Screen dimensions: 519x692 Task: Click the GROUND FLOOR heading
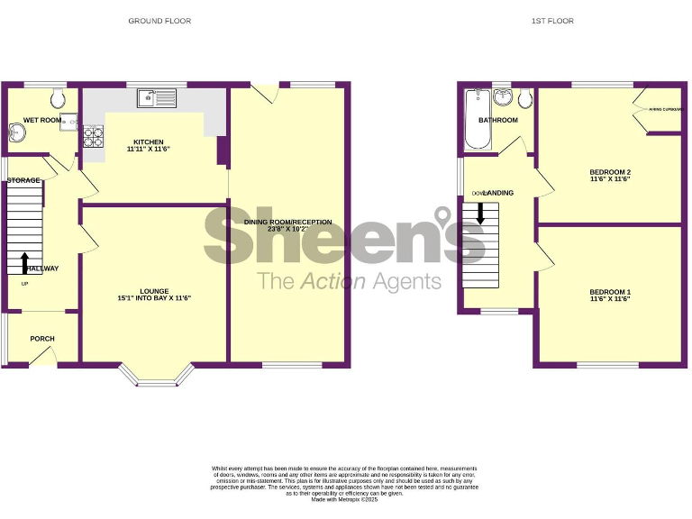pos(159,21)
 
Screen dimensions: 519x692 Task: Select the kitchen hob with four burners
pos(95,136)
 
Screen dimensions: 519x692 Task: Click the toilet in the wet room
pos(57,96)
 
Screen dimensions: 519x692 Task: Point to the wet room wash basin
pos(18,133)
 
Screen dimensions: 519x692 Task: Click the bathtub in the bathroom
pos(474,119)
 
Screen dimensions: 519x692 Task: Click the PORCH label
pos(42,339)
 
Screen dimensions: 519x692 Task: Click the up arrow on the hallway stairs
pos(24,262)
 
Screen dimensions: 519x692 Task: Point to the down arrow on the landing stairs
pos(480,213)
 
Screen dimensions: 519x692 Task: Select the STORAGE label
pos(23,181)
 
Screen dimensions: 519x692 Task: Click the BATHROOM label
pos(498,120)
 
